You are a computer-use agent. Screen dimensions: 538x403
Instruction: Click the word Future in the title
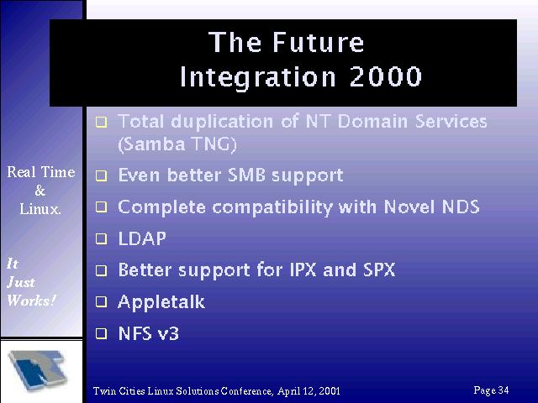click(x=318, y=43)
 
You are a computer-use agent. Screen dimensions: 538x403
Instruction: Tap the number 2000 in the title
click(x=385, y=76)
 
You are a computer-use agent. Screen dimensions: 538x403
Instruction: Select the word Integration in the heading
click(x=258, y=77)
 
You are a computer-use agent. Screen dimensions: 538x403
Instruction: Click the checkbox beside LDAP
click(x=101, y=238)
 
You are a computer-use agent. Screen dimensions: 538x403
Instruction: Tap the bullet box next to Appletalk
click(x=101, y=302)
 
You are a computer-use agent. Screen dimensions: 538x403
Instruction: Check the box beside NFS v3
click(x=101, y=333)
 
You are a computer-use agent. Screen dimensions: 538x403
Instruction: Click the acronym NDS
click(x=461, y=207)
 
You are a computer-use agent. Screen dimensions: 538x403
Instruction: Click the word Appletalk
click(x=161, y=303)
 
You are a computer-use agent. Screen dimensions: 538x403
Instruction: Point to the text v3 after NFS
click(x=168, y=334)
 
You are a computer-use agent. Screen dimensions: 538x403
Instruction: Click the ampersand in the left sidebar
click(x=40, y=191)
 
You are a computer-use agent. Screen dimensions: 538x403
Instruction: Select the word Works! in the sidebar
click(x=31, y=301)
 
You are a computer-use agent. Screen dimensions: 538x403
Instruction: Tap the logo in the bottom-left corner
click(x=39, y=370)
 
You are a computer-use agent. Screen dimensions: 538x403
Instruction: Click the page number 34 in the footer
click(x=504, y=390)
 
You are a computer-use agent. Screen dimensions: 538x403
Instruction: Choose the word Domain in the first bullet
click(x=373, y=121)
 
